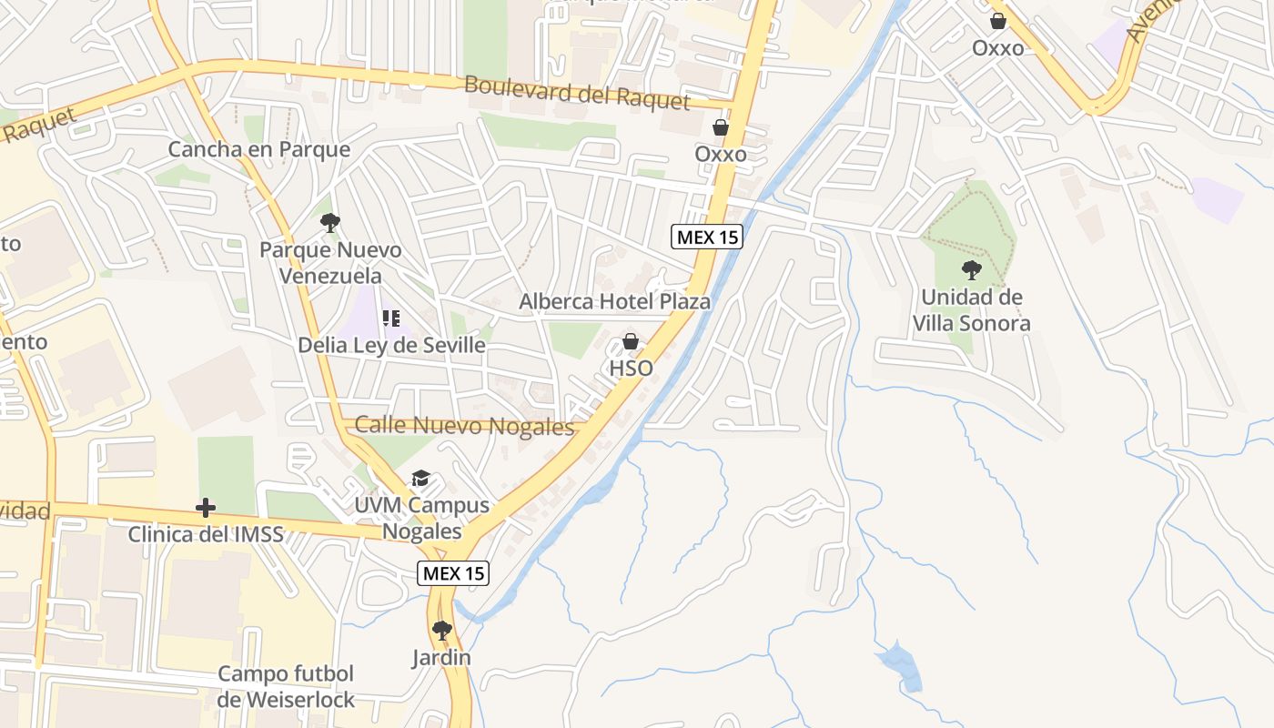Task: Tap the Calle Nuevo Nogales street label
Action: (x=464, y=425)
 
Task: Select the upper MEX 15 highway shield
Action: (x=707, y=238)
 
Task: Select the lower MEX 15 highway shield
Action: (x=453, y=573)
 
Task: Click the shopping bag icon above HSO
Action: (x=630, y=341)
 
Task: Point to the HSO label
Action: (x=631, y=368)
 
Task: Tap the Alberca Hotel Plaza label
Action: (x=614, y=301)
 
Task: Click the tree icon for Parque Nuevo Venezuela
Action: (x=329, y=222)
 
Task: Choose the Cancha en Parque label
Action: (x=258, y=149)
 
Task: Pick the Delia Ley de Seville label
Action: (x=391, y=346)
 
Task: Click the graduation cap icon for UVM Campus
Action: (x=420, y=479)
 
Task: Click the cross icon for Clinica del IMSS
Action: (x=206, y=507)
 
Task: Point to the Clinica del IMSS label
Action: (x=205, y=534)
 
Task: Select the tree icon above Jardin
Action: (x=441, y=630)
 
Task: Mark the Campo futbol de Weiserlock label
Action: (x=286, y=687)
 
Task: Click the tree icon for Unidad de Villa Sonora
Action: (x=971, y=269)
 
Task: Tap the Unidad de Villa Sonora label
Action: (x=971, y=310)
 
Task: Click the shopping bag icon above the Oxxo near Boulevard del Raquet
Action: (x=720, y=127)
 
